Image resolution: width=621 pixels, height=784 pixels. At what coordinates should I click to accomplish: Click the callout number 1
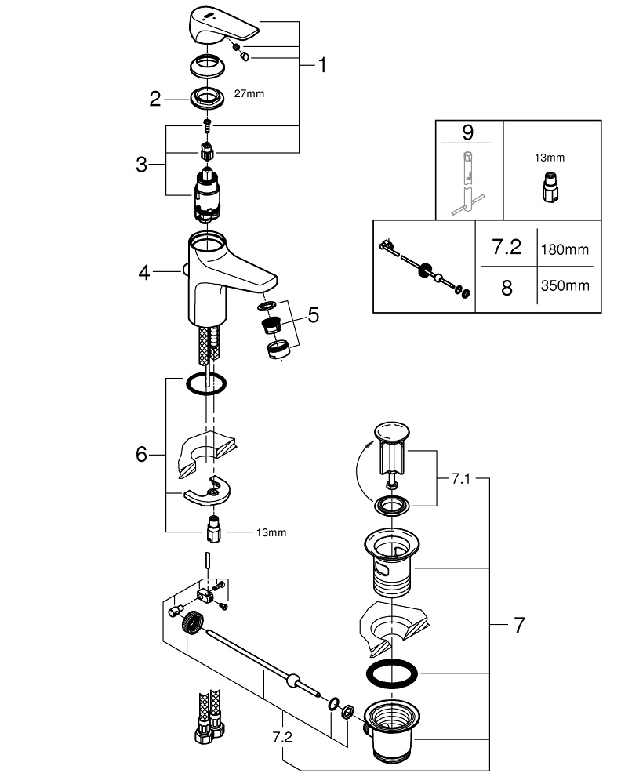click(320, 66)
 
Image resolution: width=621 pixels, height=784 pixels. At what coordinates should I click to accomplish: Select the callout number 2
click(155, 99)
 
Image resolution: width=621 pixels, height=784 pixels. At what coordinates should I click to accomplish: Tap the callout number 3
click(141, 165)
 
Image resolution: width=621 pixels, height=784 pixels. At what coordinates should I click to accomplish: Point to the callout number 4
click(143, 273)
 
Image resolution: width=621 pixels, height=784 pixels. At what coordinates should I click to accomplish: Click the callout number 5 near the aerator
click(313, 315)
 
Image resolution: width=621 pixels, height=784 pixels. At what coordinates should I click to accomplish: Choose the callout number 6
click(141, 454)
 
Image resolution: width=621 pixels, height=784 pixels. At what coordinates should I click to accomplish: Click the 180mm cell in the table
click(565, 249)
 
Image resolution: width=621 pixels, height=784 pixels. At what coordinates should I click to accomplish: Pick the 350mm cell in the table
click(565, 286)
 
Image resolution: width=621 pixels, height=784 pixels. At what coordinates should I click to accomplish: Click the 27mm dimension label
click(249, 94)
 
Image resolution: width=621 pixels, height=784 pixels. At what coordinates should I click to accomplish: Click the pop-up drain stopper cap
click(392, 432)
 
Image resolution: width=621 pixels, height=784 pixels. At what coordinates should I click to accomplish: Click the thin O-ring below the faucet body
click(206, 383)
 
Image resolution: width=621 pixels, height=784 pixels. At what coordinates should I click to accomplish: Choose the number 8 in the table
click(507, 288)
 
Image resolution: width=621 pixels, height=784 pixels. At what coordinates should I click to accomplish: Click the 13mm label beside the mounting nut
click(271, 533)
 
